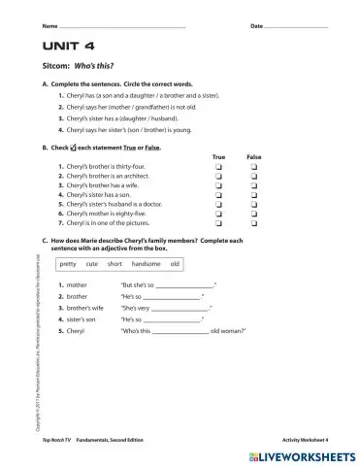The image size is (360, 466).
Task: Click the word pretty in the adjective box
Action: click(68, 264)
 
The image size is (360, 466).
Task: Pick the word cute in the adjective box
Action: click(92, 264)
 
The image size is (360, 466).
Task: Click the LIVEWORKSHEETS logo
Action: click(300, 454)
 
